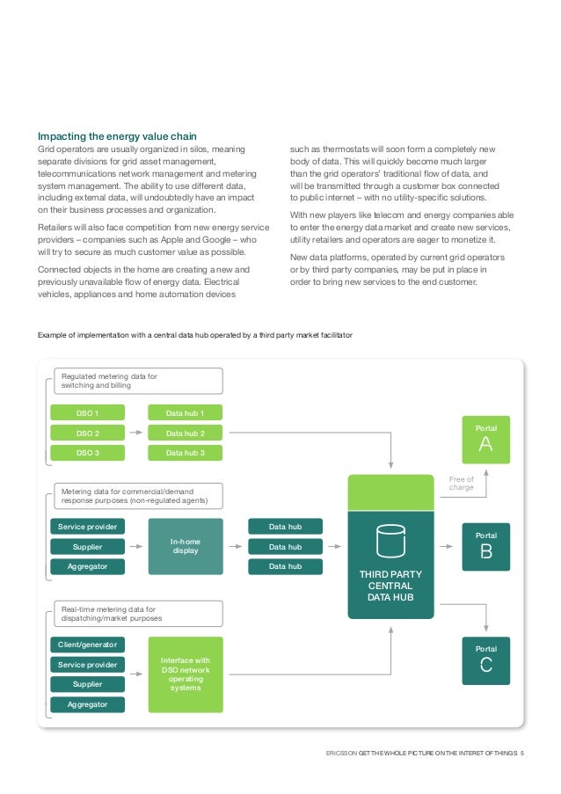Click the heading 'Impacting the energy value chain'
(116, 136)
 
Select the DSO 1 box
(87, 412)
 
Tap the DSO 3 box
(87, 453)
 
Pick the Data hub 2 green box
(185, 433)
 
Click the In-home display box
(185, 547)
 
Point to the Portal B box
(486, 547)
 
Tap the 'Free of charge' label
(461, 483)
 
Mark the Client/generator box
(87, 645)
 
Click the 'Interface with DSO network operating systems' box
(185, 674)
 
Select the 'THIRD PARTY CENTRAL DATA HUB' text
(390, 586)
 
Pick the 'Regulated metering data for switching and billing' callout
(138, 381)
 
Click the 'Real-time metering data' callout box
(138, 613)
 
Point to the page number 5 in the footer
(522, 753)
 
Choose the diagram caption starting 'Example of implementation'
(194, 335)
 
